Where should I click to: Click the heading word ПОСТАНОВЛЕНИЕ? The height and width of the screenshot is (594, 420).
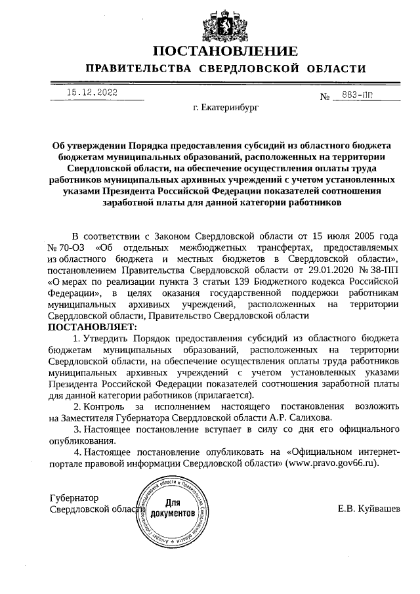tap(226, 51)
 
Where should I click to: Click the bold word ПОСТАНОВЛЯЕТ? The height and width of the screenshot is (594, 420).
tap(93, 327)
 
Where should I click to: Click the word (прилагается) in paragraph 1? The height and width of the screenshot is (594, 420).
tap(222, 395)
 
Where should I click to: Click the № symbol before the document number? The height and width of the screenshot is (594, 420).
tap(324, 97)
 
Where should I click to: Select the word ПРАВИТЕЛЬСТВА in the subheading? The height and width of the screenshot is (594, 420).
tap(138, 69)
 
